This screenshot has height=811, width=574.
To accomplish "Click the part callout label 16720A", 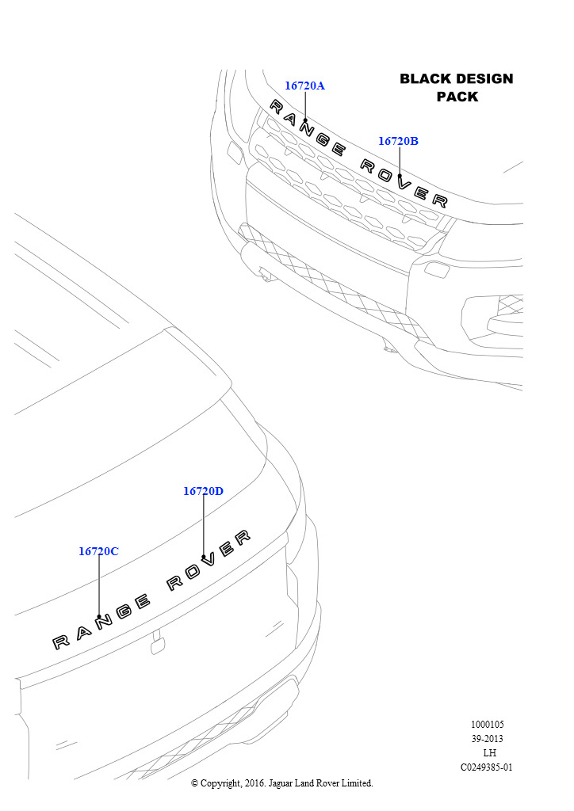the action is (x=305, y=86).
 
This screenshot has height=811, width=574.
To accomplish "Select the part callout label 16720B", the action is (x=398, y=141).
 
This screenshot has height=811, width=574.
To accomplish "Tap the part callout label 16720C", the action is (x=98, y=551).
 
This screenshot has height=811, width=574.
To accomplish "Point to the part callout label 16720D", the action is (x=204, y=491).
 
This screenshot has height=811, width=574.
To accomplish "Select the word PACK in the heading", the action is (x=457, y=97).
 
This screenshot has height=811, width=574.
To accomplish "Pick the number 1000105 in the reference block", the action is (x=487, y=725).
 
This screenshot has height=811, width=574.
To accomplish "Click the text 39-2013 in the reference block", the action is (x=487, y=739).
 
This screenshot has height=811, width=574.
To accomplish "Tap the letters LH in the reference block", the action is (x=489, y=753).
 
